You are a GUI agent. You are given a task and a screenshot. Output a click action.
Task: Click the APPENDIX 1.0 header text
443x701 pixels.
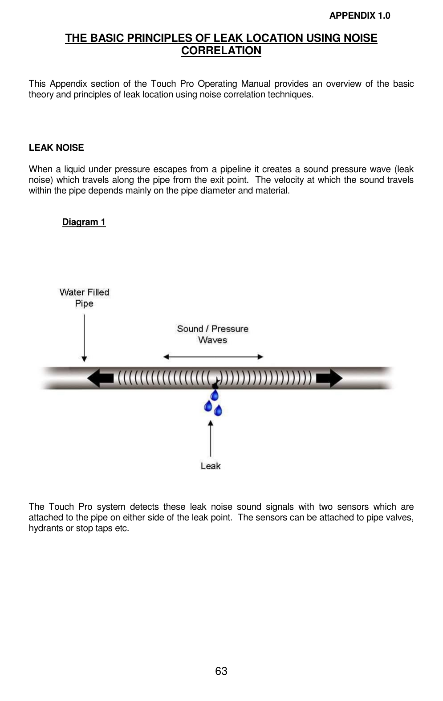(359, 16)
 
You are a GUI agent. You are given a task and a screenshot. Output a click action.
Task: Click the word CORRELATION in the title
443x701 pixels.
(221, 51)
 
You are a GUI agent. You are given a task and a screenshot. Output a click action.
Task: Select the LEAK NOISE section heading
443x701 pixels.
(56, 148)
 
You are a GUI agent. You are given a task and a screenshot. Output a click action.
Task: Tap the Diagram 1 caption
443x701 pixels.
(84, 222)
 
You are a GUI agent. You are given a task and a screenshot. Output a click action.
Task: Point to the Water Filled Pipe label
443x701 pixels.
(84, 298)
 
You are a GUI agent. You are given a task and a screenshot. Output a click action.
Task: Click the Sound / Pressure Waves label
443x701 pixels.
(212, 334)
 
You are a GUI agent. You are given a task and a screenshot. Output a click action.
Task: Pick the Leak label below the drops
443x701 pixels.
(211, 466)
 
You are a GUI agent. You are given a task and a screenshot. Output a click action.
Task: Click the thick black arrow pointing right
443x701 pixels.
(329, 379)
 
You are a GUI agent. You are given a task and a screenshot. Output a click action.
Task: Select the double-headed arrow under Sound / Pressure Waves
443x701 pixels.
(213, 357)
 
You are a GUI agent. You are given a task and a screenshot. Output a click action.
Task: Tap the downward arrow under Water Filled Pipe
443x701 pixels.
(84, 338)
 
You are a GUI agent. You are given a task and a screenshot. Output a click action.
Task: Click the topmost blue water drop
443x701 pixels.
(215, 395)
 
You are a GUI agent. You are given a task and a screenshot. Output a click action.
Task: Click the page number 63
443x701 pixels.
(221, 671)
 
